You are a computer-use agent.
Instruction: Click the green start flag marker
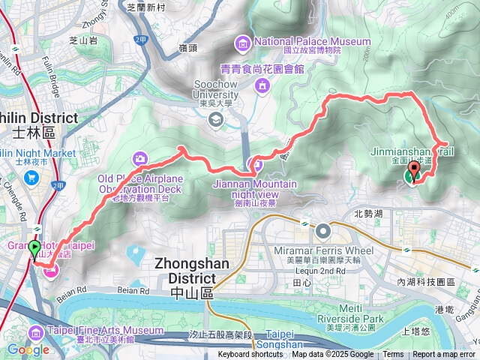point(34,249)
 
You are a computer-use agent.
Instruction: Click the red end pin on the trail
point(413,169)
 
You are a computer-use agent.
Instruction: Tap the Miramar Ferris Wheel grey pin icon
point(323,230)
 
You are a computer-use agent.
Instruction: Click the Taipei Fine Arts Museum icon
point(34,331)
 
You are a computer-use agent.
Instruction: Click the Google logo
point(28,349)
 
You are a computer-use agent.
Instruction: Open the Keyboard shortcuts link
point(250,355)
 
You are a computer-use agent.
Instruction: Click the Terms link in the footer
point(393,355)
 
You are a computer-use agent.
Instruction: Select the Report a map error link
point(443,355)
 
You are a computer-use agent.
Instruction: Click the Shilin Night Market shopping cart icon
point(31,178)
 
